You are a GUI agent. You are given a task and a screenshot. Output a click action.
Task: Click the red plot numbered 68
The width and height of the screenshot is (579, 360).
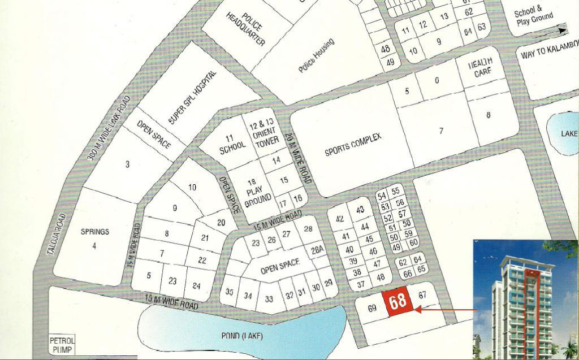pyautogui.click(x=397, y=301)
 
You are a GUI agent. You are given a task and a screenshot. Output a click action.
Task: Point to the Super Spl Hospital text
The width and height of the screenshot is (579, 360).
pyautogui.click(x=192, y=98)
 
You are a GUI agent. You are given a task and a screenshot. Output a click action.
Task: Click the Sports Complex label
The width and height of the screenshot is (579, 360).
pyautogui.click(x=353, y=145)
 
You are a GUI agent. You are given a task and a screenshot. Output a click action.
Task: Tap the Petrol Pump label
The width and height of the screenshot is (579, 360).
pyautogui.click(x=62, y=345)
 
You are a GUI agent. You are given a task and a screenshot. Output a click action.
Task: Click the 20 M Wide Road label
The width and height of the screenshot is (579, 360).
pyautogui.click(x=298, y=158)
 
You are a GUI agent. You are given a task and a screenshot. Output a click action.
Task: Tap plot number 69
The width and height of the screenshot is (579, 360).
pyautogui.click(x=371, y=309)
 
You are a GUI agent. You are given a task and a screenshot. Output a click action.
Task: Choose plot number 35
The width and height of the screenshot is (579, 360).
pyautogui.click(x=229, y=292)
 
